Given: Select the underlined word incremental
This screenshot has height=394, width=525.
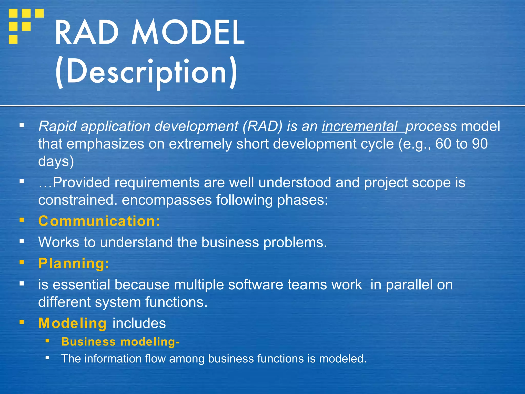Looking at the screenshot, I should point(360,126).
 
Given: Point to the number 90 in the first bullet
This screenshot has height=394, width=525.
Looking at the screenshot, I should point(480,144).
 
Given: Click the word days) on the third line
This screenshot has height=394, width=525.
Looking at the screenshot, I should point(56,162).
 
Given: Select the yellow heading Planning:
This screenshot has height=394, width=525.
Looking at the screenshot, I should point(74,263).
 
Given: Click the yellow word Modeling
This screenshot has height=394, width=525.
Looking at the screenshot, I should point(72,323).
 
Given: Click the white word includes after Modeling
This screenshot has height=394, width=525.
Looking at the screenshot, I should point(139,323).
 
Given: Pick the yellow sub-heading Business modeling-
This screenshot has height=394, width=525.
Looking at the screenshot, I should point(120,342).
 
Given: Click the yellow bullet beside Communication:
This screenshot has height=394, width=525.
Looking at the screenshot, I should point(22,220).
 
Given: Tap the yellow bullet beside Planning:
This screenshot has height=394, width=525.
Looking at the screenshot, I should point(22,262).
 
